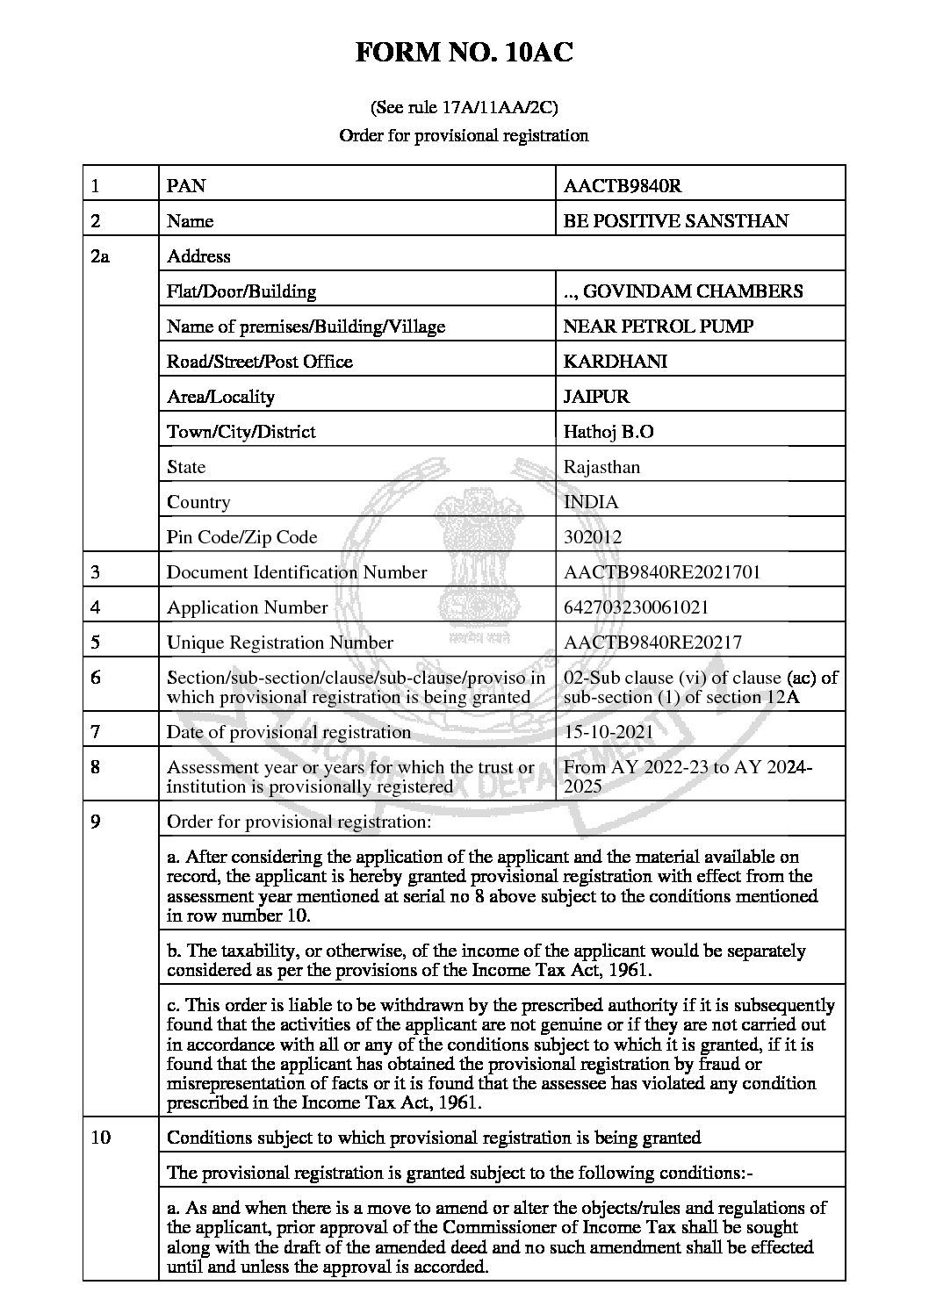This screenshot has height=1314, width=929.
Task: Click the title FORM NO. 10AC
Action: pyautogui.click(x=464, y=54)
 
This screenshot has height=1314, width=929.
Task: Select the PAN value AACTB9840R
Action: pyautogui.click(x=623, y=185)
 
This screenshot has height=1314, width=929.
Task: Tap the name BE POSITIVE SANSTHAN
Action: pyautogui.click(x=676, y=220)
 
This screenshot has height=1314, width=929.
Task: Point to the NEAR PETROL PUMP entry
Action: pyautogui.click(x=659, y=327)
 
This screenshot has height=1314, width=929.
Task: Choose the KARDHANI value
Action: pyautogui.click(x=615, y=362)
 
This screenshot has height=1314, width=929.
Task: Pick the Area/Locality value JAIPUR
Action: pyautogui.click(x=596, y=397)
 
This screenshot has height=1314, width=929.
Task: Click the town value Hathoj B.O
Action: pyautogui.click(x=609, y=432)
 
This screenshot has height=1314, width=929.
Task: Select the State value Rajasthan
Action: pyautogui.click(x=601, y=467)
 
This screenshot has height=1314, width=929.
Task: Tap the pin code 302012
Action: pyautogui.click(x=593, y=537)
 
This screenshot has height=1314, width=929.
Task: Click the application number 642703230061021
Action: pyautogui.click(x=637, y=607)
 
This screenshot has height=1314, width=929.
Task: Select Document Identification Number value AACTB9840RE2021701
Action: pyautogui.click(x=662, y=572)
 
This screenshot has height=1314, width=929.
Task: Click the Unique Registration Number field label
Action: pyautogui.click(x=280, y=643)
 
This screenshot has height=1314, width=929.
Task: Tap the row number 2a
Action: pyautogui.click(x=100, y=256)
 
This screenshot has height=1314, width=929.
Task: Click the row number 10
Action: pyautogui.click(x=101, y=1138)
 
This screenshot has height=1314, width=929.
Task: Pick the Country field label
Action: pyautogui.click(x=198, y=502)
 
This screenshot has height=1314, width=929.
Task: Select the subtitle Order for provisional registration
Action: pyautogui.click(x=464, y=135)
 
